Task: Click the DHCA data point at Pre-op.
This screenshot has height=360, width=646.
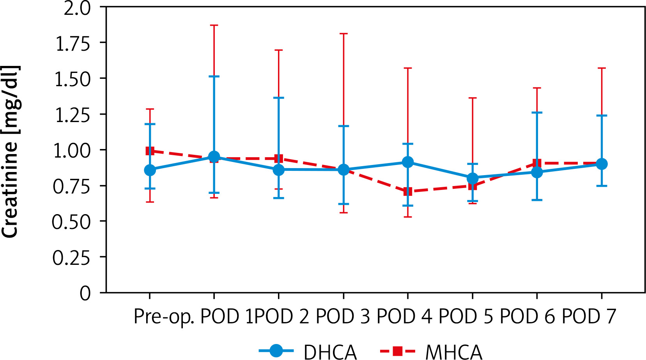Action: click(x=150, y=170)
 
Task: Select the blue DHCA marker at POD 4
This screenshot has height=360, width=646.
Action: click(x=408, y=162)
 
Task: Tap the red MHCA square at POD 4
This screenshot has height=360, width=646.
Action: click(x=408, y=192)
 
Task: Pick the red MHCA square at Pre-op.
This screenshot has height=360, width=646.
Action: click(x=150, y=151)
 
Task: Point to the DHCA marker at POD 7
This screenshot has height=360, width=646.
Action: click(x=602, y=164)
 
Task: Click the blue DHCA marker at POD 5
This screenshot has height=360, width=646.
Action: click(x=473, y=178)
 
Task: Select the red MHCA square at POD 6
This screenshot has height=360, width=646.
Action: click(x=537, y=163)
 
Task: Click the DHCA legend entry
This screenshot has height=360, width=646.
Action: click(x=308, y=351)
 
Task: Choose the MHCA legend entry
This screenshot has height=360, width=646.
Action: click(x=431, y=351)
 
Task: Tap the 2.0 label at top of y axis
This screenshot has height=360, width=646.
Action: click(x=77, y=8)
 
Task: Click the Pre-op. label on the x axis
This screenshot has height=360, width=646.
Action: click(x=164, y=317)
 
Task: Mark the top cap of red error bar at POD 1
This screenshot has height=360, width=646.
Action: click(x=214, y=25)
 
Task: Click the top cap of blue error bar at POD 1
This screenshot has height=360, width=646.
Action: click(x=214, y=76)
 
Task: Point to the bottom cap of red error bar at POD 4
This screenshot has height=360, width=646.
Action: click(x=408, y=216)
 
